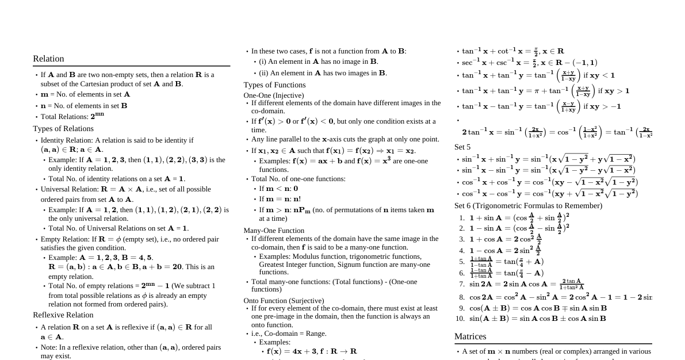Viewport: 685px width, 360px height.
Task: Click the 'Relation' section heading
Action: (48, 59)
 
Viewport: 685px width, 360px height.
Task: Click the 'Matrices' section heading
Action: (470, 336)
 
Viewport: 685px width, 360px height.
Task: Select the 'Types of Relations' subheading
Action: (63, 128)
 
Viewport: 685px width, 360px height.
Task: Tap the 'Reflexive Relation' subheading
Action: (63, 315)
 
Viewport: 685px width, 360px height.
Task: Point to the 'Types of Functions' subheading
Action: (274, 85)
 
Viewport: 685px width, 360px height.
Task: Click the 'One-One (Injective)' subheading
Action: (274, 95)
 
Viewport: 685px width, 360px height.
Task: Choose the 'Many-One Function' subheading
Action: (274, 231)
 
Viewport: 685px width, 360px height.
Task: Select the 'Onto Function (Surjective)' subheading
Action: (284, 301)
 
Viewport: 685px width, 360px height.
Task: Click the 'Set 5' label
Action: (462, 147)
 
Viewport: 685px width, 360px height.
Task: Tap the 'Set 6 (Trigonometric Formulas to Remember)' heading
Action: (528, 205)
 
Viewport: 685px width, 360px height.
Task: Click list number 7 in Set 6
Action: (461, 284)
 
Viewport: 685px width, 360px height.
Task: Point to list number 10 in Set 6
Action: (460, 319)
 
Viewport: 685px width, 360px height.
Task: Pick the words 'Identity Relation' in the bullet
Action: (67, 140)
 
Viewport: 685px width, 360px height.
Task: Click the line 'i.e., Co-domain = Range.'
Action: (289, 334)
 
